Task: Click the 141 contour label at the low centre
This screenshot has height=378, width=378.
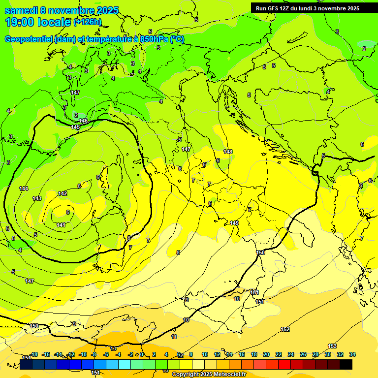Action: (61, 225)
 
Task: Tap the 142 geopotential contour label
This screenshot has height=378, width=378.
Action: (63, 193)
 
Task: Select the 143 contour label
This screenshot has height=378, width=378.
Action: (37, 198)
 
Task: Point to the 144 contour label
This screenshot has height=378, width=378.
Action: (24, 189)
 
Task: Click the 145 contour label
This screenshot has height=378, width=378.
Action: (75, 127)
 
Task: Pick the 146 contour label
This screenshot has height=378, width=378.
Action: (83, 121)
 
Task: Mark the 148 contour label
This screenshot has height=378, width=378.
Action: (227, 152)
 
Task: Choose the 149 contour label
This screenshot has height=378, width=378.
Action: (234, 223)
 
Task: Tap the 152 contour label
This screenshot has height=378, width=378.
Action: (285, 329)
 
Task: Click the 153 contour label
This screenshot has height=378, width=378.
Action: (332, 346)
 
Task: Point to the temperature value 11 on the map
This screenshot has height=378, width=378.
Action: (174, 337)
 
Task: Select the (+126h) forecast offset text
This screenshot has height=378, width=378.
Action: (88, 22)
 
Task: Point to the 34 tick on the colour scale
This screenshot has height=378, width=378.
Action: (352, 354)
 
